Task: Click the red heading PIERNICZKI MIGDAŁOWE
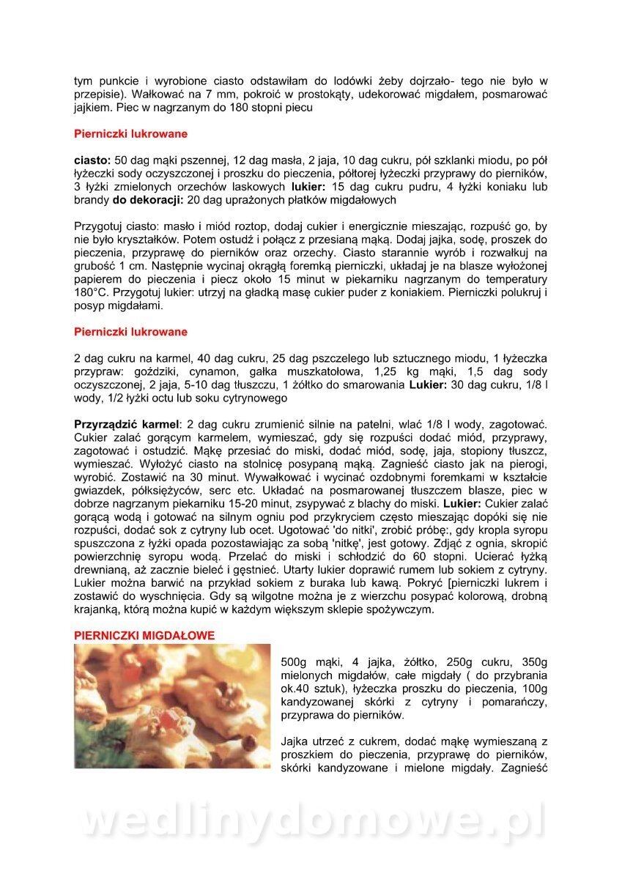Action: pyautogui.click(x=144, y=636)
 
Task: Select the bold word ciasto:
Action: pyautogui.click(x=92, y=160)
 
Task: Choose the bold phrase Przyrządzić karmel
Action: pyautogui.click(x=127, y=424)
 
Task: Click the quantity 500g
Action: pyautogui.click(x=297, y=662)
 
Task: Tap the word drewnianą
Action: pyautogui.click(x=102, y=569)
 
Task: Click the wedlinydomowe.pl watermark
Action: pyautogui.click(x=311, y=820)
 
